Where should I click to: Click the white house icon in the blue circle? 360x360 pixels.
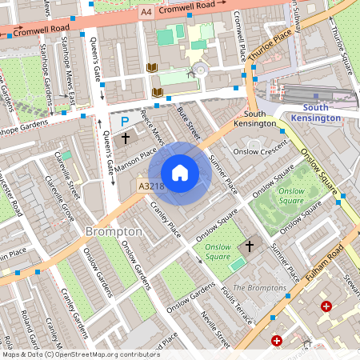tap(180, 173)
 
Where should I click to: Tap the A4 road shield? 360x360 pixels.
tap(146, 13)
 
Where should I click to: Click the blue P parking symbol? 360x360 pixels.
tap(124, 122)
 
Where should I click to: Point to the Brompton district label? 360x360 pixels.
tap(114, 231)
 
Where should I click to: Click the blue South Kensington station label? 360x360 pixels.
tap(327, 113)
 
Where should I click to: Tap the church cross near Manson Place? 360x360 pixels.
tap(126, 138)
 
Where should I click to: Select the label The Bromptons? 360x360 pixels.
tap(258, 287)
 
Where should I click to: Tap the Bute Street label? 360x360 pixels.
tap(188, 119)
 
